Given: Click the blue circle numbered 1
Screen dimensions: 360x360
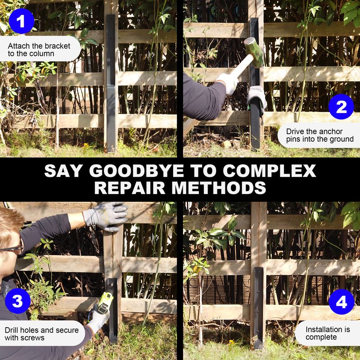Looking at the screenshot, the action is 21,21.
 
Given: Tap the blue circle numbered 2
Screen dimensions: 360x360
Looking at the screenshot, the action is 341,107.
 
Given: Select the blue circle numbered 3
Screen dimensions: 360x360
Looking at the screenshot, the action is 18,301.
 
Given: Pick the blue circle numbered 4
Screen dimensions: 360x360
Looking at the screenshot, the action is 342,301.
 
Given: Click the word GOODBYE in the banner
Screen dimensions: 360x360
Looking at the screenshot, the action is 137,171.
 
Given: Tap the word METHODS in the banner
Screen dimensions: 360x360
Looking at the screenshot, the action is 219,188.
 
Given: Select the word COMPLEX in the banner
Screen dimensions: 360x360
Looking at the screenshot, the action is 269,171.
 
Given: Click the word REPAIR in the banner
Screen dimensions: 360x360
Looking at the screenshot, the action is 130,188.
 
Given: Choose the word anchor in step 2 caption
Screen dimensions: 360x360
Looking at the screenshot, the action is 331,131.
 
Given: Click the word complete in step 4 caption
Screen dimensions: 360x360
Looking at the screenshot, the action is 321,337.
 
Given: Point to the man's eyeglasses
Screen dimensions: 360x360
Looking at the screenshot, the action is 13,248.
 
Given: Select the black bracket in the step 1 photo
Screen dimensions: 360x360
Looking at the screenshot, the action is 111,84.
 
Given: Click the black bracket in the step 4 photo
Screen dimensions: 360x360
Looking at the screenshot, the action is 258,308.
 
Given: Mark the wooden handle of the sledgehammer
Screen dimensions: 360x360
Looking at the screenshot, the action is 241,67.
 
